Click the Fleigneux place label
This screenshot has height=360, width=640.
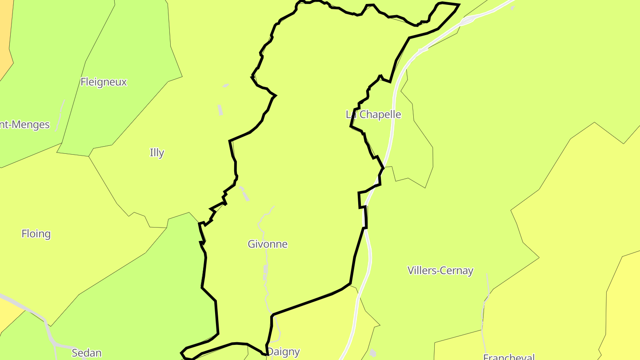(x=104, y=82)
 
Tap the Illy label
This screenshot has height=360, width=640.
(x=156, y=152)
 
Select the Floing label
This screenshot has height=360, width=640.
(x=36, y=233)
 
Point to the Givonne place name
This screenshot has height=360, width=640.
(x=268, y=244)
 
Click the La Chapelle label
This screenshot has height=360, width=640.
(x=373, y=114)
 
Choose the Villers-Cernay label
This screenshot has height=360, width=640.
(x=440, y=270)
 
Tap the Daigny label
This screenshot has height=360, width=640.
(x=284, y=352)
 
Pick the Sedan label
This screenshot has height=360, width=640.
(x=87, y=353)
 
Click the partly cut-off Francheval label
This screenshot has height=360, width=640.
(x=509, y=357)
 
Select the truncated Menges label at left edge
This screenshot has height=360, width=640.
(x=25, y=124)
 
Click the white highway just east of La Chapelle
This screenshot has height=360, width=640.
(x=392, y=120)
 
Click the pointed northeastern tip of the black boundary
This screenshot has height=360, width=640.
(x=458, y=5)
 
